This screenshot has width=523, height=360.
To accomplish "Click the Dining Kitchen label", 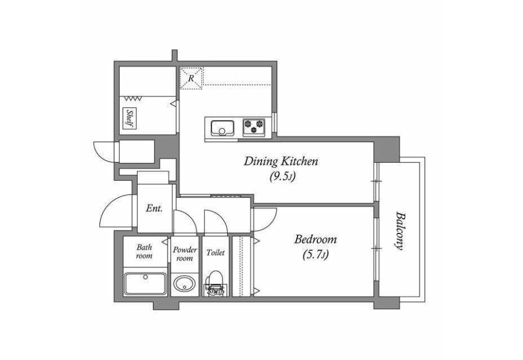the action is tap(281, 162).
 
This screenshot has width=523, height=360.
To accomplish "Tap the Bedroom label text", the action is tap(315, 240).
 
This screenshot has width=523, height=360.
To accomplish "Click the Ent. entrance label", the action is tap(154, 209).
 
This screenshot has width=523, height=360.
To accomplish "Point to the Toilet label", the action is tap(215, 253).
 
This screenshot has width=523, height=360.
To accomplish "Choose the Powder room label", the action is tap(185, 254).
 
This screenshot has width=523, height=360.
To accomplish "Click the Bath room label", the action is tap(145, 251).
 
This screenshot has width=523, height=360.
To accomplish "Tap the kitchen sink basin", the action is tap(222, 128).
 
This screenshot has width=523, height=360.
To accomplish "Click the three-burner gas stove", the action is tap(254, 127).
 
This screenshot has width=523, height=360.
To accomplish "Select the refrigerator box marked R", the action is tap(191, 78).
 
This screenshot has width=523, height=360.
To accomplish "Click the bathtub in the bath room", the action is tap(145, 284).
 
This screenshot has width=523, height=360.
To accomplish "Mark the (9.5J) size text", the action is tap(282, 177).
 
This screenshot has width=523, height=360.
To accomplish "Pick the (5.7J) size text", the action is tap(315, 255).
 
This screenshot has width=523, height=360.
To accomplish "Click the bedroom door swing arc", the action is tap(271, 224).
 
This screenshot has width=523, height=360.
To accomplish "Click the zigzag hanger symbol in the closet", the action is tap(134, 99).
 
